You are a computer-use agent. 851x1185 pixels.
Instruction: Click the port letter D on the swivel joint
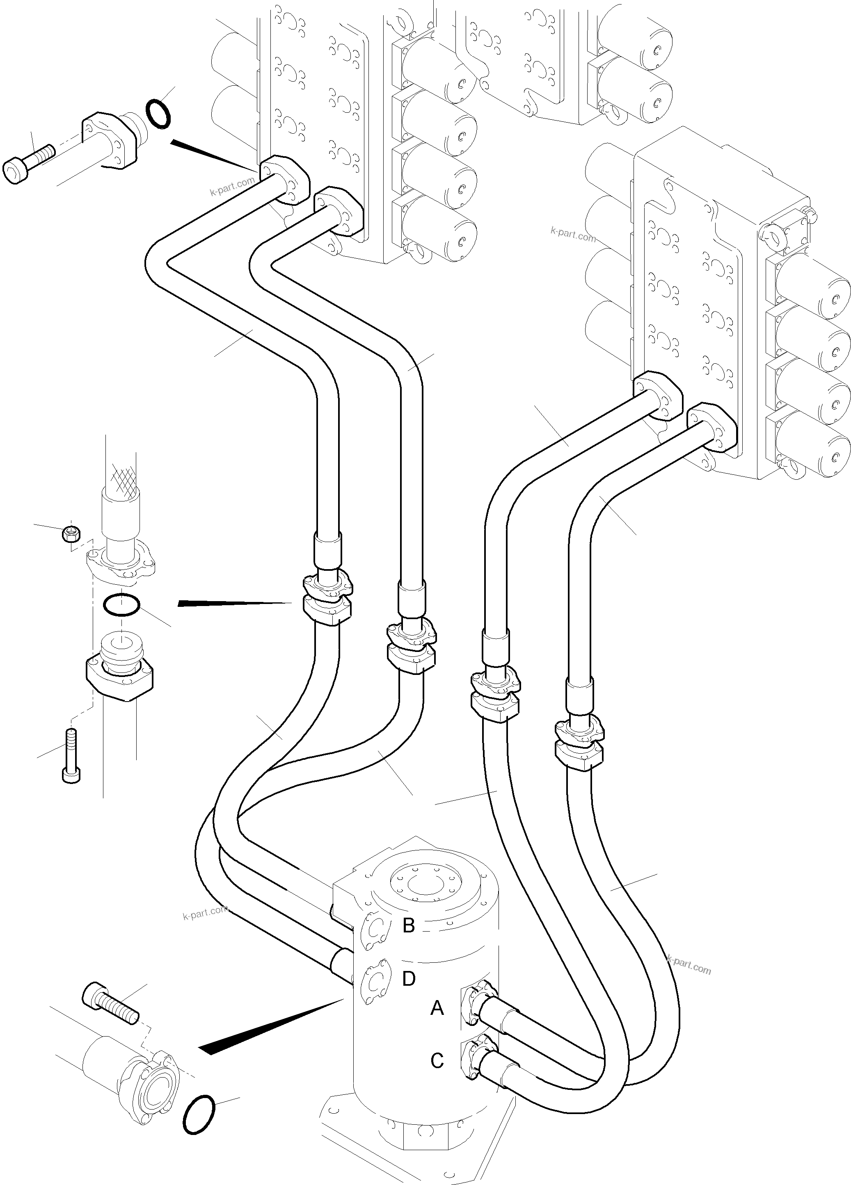[x=408, y=979]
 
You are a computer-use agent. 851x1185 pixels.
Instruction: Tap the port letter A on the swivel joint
[x=437, y=1008]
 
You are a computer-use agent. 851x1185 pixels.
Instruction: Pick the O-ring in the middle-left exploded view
[x=121, y=604]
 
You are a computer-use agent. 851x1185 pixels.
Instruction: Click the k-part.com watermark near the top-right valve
[x=573, y=234]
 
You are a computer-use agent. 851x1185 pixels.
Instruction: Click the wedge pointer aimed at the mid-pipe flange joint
[x=235, y=603]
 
